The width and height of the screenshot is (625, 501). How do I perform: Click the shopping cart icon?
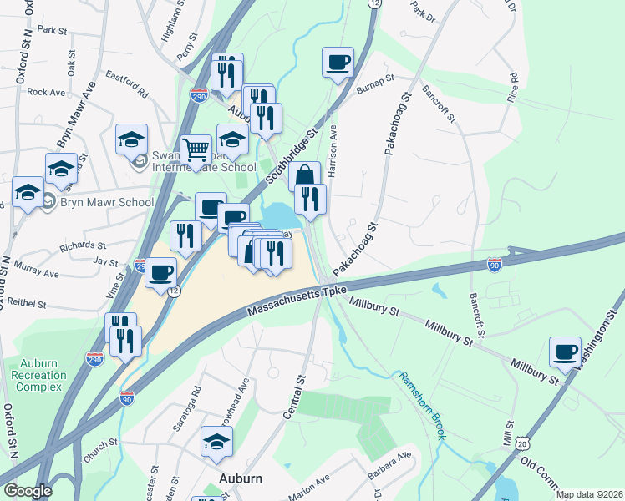point(196,150)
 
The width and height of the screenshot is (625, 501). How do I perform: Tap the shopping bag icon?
point(305,175)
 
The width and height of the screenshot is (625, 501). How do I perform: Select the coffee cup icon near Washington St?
point(565,351)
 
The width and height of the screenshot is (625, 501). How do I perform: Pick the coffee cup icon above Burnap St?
point(338,62)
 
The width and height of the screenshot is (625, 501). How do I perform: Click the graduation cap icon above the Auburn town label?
point(216,441)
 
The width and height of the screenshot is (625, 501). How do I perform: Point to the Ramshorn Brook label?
point(422,406)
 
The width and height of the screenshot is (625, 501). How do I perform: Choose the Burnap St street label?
point(373,82)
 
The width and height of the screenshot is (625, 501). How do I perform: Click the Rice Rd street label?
point(513,88)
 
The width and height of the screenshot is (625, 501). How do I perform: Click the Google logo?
point(28,491)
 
